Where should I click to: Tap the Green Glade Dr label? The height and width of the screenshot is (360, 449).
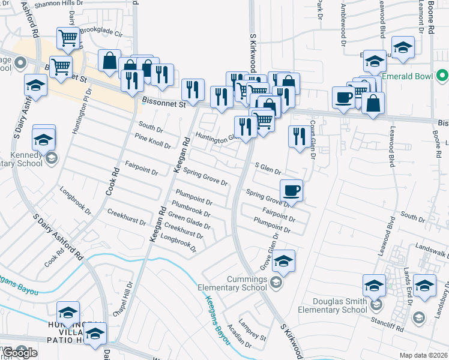point(189,220)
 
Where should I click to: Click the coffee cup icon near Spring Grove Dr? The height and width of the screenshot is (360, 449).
point(292,190)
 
